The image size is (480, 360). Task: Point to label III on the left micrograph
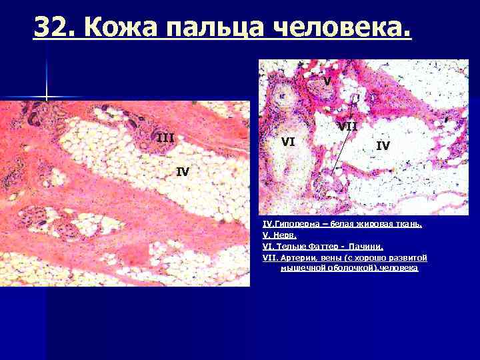tap(165, 138)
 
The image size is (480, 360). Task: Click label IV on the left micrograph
tap(183, 171)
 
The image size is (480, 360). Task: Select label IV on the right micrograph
tap(383, 145)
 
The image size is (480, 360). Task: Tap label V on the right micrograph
tap(327, 81)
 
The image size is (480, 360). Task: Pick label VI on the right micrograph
tap(289, 141)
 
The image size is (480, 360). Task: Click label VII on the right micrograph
tap(347, 126)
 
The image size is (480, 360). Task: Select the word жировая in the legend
tap(365, 225)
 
